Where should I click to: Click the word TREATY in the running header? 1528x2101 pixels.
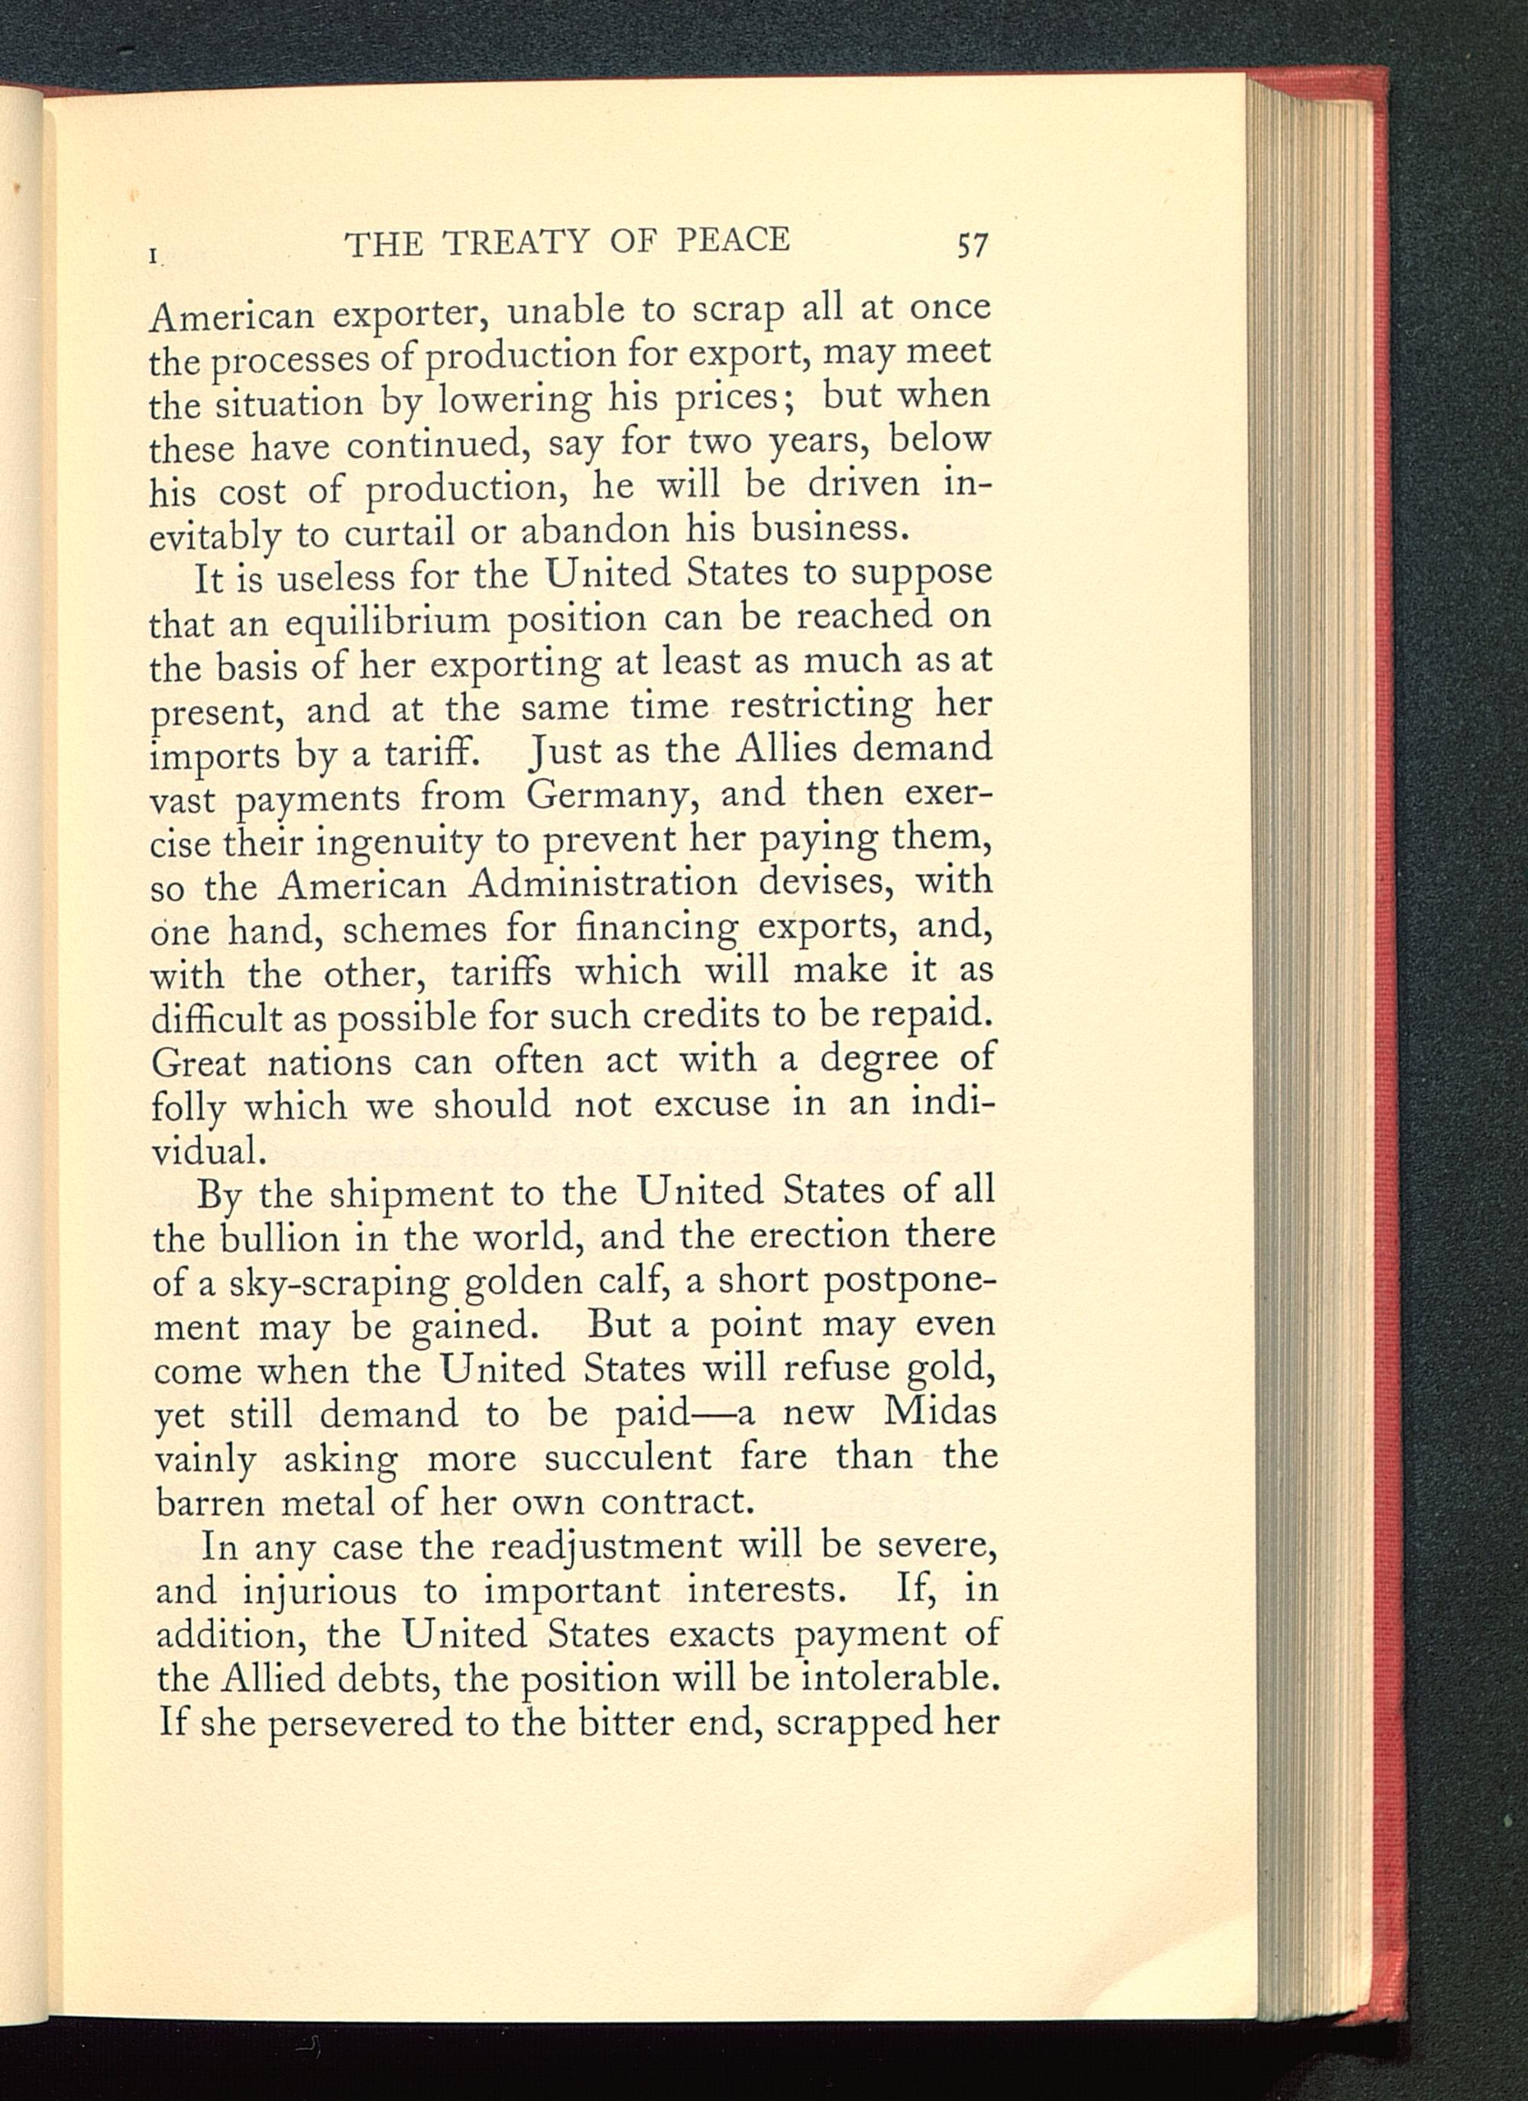tap(516, 243)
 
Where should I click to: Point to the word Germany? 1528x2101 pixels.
tap(617, 796)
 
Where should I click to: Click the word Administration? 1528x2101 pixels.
tap(602, 883)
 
